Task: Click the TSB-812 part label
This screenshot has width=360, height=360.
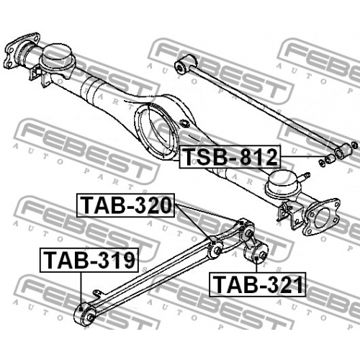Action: [230, 157]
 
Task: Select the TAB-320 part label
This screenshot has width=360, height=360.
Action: [125, 205]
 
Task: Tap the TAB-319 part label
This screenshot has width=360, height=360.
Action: [89, 260]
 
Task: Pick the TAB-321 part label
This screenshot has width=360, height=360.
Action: [257, 284]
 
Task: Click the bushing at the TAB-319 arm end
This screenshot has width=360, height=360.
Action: [84, 315]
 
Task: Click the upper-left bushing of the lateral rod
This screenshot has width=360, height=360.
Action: [185, 64]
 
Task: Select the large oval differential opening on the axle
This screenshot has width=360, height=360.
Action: [157, 132]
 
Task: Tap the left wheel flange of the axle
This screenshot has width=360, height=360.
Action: [22, 51]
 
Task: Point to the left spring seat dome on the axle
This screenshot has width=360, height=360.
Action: [57, 58]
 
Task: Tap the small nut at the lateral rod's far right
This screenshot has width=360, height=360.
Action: [355, 145]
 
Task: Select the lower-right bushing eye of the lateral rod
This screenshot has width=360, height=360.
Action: [343, 151]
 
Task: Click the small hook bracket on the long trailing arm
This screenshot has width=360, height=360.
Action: [98, 294]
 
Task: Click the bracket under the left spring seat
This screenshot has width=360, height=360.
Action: [40, 76]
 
